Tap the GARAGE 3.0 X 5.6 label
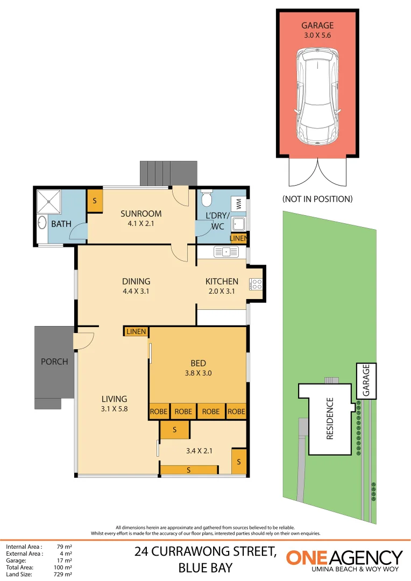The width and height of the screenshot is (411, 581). pos(317,30)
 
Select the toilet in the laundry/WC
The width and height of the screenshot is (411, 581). pos(205,200)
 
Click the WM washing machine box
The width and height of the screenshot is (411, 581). pos(238,205)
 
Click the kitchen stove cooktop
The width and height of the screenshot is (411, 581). pos(256,284)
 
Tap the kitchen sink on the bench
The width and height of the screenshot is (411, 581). pos(226,251)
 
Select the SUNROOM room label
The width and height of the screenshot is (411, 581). pos(141,214)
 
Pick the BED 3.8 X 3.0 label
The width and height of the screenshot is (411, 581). pos(198,367)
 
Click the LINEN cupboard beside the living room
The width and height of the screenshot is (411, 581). pos(136,331)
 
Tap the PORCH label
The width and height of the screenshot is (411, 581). pos(54,362)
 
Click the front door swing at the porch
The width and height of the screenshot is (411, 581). pos(85,341)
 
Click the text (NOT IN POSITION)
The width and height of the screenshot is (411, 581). pos(317,199)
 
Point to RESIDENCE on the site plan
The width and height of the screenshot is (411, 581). pos(330,419)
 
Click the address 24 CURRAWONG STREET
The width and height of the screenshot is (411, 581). pos(205,551)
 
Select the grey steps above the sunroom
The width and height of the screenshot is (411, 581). pos(168,173)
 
